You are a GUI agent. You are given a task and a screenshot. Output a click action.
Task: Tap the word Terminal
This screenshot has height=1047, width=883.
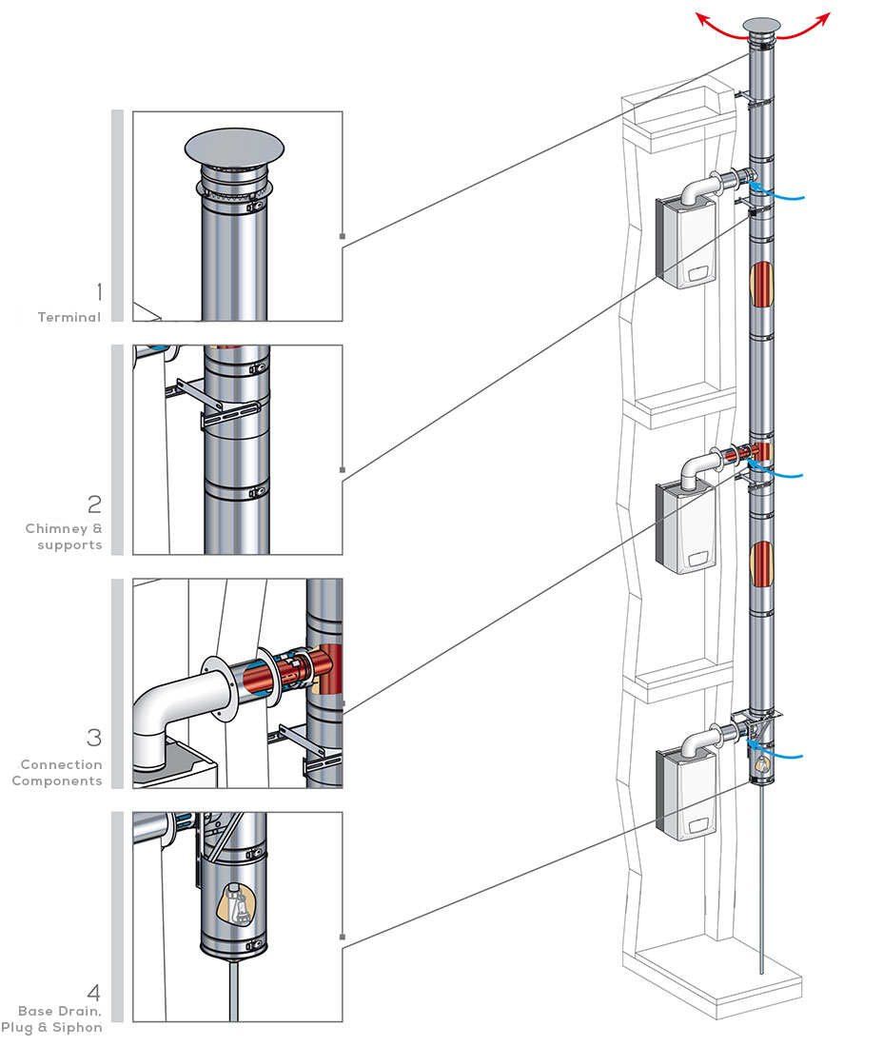click(69, 317)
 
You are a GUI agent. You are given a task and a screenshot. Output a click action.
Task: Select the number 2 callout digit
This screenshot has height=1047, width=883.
click(94, 504)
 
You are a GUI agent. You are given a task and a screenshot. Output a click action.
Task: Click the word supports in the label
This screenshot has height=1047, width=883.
click(69, 544)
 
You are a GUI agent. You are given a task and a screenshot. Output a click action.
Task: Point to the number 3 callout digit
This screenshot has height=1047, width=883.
click(94, 738)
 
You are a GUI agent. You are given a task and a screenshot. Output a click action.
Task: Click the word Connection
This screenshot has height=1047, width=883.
click(61, 764)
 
